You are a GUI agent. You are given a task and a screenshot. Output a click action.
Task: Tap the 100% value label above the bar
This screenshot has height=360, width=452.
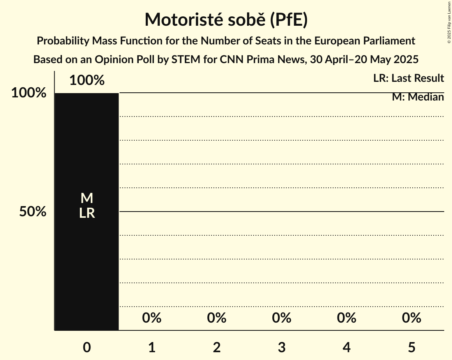[87, 81]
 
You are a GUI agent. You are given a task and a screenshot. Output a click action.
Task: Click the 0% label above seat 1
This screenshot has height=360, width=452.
[152, 318]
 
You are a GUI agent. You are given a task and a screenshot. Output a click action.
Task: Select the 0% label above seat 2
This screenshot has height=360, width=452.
[217, 318]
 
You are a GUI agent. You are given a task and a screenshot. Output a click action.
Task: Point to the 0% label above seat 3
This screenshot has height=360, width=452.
[282, 318]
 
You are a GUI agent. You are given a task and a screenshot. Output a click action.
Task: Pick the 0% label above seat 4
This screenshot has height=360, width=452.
[347, 318]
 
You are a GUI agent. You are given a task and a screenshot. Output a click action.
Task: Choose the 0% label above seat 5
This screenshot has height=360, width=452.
[411, 318]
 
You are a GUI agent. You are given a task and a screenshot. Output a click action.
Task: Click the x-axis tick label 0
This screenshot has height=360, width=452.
[87, 348]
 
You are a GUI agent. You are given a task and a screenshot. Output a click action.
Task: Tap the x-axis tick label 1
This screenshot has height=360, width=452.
[152, 348]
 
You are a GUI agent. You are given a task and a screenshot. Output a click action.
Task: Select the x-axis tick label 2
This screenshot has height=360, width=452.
[217, 348]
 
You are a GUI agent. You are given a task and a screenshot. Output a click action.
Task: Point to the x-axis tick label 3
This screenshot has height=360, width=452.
[282, 348]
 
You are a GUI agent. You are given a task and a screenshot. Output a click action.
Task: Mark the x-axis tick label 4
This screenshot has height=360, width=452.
[347, 348]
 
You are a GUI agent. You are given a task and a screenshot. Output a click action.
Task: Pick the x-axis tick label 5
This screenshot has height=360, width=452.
[411, 348]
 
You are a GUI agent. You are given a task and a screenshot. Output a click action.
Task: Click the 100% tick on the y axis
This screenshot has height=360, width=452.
[29, 93]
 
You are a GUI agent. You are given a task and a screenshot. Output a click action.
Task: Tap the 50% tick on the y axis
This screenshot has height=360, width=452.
[33, 212]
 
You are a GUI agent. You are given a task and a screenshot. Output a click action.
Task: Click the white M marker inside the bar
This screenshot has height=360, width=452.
[87, 199]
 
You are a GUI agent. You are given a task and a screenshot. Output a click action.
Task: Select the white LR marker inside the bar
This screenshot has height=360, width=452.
[87, 213]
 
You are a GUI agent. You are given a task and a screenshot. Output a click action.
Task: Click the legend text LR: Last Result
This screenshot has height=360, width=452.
[408, 78]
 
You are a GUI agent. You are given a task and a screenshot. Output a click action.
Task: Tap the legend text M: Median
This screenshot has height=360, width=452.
[418, 97]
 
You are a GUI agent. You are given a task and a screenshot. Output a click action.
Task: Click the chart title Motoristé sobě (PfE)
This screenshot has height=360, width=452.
[226, 20]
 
